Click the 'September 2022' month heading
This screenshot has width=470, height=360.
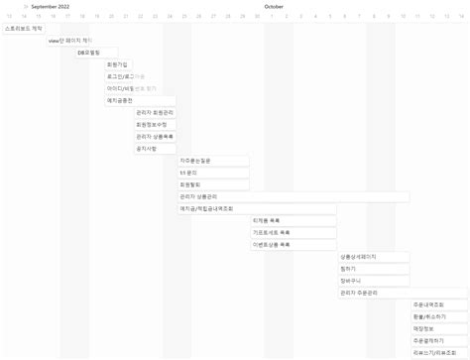[51, 6]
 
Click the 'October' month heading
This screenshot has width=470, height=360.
[275, 6]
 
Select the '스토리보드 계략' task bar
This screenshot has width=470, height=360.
[24, 29]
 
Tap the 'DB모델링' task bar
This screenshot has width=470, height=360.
[96, 53]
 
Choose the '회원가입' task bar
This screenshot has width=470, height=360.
[118, 64]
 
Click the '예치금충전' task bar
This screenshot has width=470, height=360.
[140, 100]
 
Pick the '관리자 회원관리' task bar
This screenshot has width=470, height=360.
[155, 112]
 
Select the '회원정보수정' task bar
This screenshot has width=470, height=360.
[155, 124]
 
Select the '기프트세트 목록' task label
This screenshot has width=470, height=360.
[273, 232]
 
